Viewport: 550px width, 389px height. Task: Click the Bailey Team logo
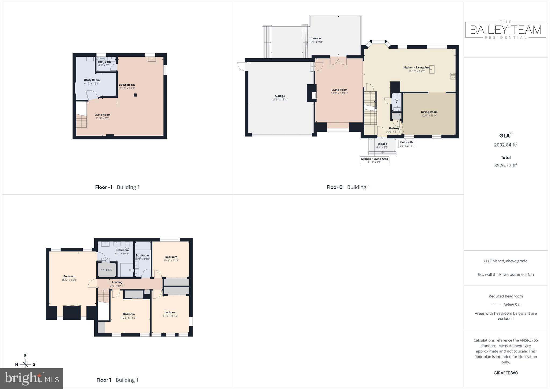[506, 30]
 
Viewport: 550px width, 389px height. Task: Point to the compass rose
[25, 364]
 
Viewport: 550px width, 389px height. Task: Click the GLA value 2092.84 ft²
[506, 145]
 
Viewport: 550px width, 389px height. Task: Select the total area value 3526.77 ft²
[506, 165]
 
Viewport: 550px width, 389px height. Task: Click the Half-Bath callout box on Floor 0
[406, 144]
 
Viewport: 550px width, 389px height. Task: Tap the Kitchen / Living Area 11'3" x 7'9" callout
[374, 161]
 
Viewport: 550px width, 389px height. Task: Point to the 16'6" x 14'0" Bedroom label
[69, 278]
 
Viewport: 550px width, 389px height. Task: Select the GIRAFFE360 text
[506, 373]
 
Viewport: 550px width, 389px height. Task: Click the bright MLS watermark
[32, 379]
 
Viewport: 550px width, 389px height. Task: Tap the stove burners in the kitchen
[453, 76]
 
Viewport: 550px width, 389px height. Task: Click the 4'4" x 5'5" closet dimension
[107, 270]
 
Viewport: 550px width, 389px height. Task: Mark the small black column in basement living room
[135, 95]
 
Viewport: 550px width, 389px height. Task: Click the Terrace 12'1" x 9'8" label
[316, 40]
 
